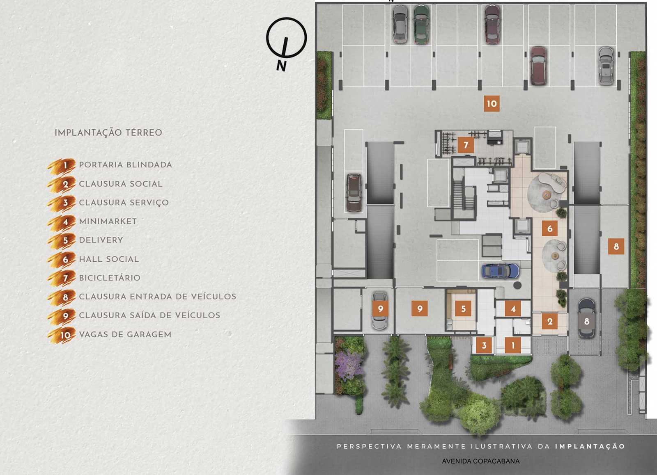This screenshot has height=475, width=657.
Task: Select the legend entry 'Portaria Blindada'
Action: [x=126, y=164]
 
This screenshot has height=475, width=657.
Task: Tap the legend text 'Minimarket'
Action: [x=108, y=221]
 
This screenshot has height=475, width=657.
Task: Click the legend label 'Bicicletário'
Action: [x=110, y=278]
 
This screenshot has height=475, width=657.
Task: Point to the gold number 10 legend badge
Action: [x=62, y=335]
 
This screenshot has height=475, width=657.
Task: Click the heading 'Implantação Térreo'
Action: [x=108, y=132]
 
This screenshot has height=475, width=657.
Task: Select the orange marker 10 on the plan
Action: [x=492, y=103]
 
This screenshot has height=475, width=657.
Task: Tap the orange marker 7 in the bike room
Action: [x=466, y=145]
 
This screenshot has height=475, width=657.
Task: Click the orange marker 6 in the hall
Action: [x=550, y=228]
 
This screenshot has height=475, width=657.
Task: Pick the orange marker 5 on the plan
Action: [x=463, y=308]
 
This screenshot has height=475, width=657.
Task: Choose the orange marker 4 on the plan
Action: [x=513, y=308]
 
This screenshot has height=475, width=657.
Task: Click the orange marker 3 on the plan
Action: [x=484, y=345]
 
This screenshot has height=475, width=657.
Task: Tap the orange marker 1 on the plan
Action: [x=513, y=345]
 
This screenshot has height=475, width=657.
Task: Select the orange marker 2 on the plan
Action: [x=550, y=322]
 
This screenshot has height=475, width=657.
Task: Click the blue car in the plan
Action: [x=501, y=271]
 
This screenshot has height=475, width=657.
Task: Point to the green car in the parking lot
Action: [x=421, y=25]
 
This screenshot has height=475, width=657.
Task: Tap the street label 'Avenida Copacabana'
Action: [x=481, y=461]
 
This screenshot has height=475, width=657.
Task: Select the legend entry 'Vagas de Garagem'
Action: [x=125, y=334]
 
